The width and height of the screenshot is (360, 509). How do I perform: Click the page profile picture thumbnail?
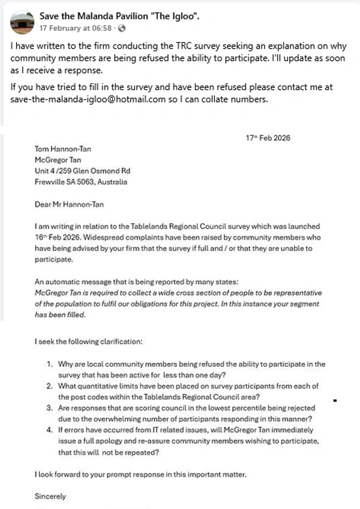(22, 22)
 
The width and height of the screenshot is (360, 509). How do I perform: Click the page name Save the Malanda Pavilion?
(119, 16)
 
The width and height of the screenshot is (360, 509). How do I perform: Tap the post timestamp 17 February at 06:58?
(75, 28)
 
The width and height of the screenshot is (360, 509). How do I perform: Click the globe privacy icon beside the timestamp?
(122, 28)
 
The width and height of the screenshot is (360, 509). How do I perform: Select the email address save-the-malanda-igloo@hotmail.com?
(88, 99)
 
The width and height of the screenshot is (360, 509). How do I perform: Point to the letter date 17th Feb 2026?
(268, 138)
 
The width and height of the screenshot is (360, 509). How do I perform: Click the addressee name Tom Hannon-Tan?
(63, 149)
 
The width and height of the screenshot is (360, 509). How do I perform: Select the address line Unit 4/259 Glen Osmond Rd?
(82, 171)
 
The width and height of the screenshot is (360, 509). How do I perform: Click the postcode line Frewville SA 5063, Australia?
(81, 182)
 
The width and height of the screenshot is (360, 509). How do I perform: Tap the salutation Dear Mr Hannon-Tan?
(69, 204)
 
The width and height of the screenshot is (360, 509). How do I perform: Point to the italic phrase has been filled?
(60, 315)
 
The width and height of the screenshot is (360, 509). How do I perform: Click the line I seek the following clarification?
(88, 341)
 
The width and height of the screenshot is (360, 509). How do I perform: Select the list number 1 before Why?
(50, 364)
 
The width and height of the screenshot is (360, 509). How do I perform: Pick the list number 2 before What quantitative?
(50, 386)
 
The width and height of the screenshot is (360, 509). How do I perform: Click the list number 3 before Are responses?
(50, 408)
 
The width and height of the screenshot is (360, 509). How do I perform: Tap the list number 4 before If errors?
(50, 430)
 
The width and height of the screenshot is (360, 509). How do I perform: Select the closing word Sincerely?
(50, 496)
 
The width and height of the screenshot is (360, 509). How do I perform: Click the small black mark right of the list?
(335, 401)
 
